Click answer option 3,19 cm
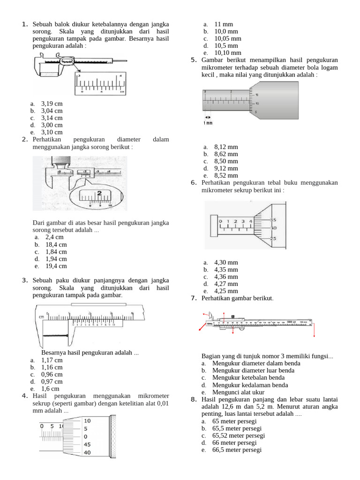click(x=52, y=104)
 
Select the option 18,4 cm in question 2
click(x=56, y=244)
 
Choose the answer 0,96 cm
click(x=52, y=375)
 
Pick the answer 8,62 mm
click(x=226, y=154)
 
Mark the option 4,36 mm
click(x=226, y=277)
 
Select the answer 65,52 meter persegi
click(x=238, y=435)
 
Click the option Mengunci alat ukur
click(x=238, y=392)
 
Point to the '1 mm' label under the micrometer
click(x=208, y=123)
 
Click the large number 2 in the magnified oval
click(x=99, y=193)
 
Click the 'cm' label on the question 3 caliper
click(x=41, y=317)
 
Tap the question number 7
click(x=194, y=298)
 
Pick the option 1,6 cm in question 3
click(x=50, y=389)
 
